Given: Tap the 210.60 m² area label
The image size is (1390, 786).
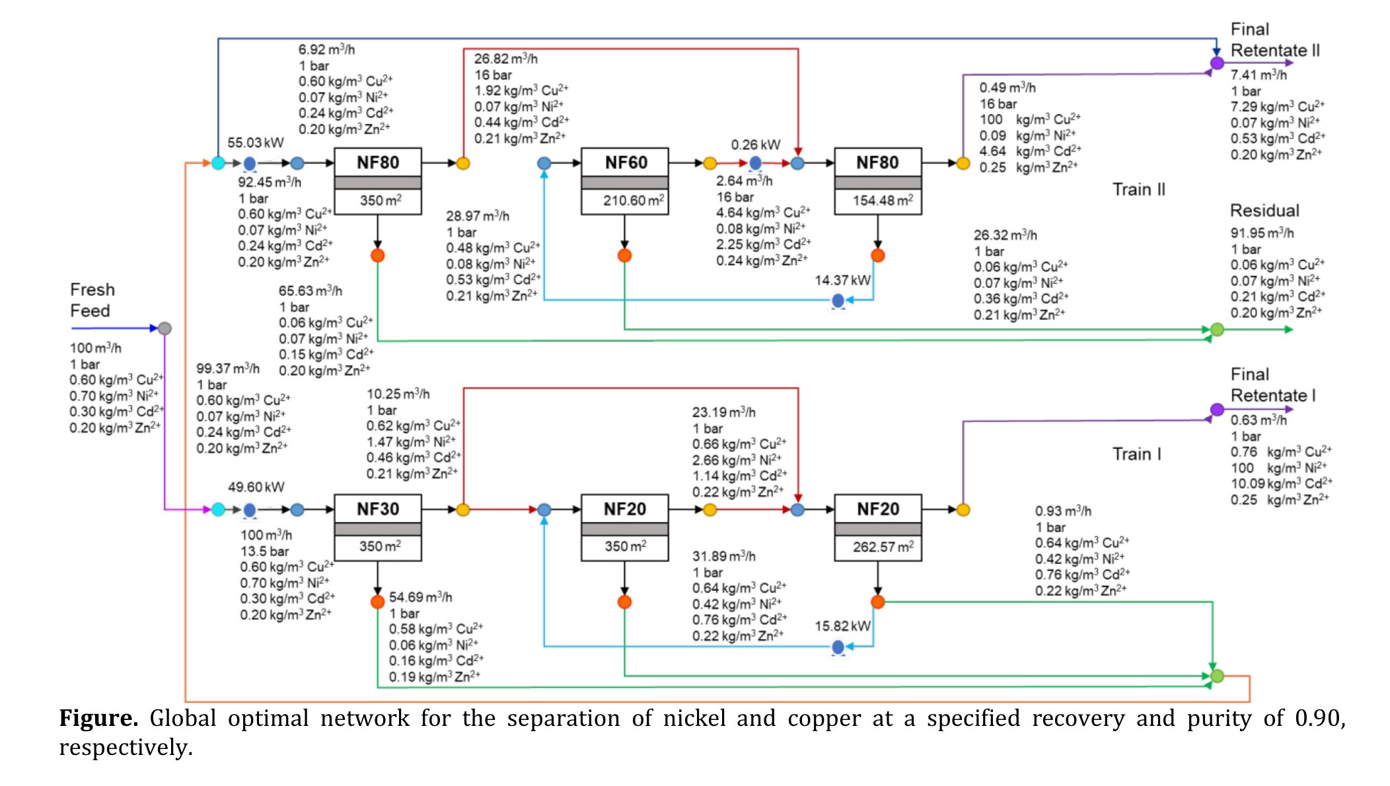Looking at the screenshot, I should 633,200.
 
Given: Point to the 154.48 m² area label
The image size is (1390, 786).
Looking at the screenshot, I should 883,200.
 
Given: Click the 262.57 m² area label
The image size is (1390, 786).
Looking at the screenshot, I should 883,547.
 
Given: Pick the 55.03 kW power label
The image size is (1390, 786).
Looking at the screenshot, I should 256,143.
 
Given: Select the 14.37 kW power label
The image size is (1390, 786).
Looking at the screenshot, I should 842,281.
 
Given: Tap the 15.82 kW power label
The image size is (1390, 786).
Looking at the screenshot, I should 842,626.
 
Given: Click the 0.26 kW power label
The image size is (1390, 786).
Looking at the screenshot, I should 755,145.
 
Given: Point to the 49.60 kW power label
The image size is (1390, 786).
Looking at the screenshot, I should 256,487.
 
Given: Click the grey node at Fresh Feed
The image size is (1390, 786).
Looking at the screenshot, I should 165,328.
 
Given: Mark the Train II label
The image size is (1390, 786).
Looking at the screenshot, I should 1138,190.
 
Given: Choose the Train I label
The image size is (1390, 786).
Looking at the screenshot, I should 1136,454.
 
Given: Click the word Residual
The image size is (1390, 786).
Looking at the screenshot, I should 1264,211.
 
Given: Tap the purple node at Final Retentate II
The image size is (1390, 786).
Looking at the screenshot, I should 1217,63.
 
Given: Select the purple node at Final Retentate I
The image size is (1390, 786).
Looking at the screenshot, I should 1217,410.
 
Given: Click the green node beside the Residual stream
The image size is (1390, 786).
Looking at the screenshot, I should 1217,330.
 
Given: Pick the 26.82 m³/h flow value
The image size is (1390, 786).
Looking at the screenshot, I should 505,59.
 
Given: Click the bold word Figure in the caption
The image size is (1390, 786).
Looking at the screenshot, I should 98,718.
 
